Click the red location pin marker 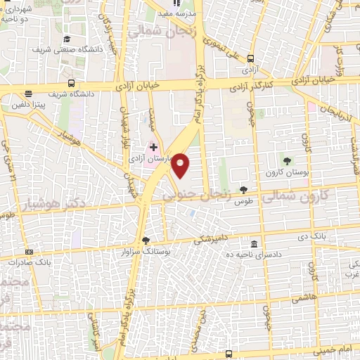181,166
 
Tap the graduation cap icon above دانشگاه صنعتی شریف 67,39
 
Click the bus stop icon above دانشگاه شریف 29,93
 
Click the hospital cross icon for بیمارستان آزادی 154,146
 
